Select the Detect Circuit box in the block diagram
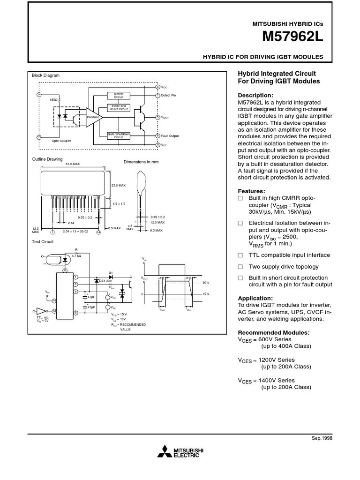point(119,95)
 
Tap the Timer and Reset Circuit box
point(119,108)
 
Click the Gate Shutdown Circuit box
point(119,135)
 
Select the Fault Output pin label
point(170,136)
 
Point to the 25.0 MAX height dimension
point(119,186)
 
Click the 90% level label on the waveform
point(205,283)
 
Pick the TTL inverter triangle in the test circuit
point(42,310)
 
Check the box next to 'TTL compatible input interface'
point(240,255)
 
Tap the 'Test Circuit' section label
point(43,242)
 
